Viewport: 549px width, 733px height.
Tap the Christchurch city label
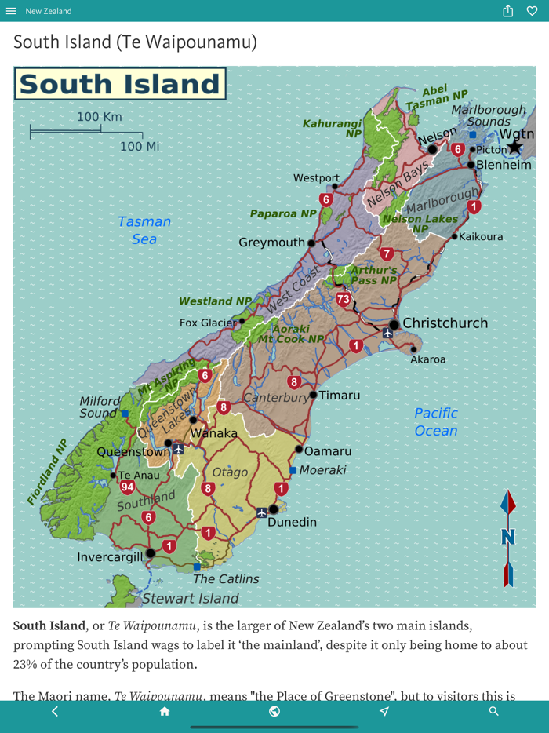(x=445, y=323)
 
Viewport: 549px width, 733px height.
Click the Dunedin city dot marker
(x=273, y=509)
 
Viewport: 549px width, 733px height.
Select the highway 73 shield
(x=343, y=299)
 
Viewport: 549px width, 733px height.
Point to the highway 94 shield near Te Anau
(x=127, y=487)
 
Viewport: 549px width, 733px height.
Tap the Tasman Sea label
(x=144, y=230)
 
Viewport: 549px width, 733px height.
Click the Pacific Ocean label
(x=436, y=421)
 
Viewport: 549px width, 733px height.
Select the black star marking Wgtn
(x=514, y=148)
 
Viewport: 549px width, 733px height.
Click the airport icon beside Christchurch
(x=387, y=334)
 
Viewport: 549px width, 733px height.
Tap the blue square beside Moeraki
(x=293, y=470)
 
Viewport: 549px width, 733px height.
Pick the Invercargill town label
(x=111, y=557)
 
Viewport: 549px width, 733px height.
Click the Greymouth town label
(x=271, y=243)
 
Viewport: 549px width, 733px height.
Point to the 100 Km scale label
(x=100, y=117)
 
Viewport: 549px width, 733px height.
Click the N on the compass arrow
(x=508, y=538)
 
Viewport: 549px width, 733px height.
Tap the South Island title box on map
(x=120, y=84)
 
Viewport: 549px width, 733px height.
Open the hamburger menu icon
(x=11, y=11)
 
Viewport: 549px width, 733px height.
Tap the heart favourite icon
(x=533, y=11)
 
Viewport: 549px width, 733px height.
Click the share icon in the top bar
(x=508, y=11)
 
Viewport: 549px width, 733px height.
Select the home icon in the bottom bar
(x=165, y=711)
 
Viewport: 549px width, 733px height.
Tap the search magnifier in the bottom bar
(x=494, y=711)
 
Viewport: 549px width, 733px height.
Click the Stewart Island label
(x=190, y=599)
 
